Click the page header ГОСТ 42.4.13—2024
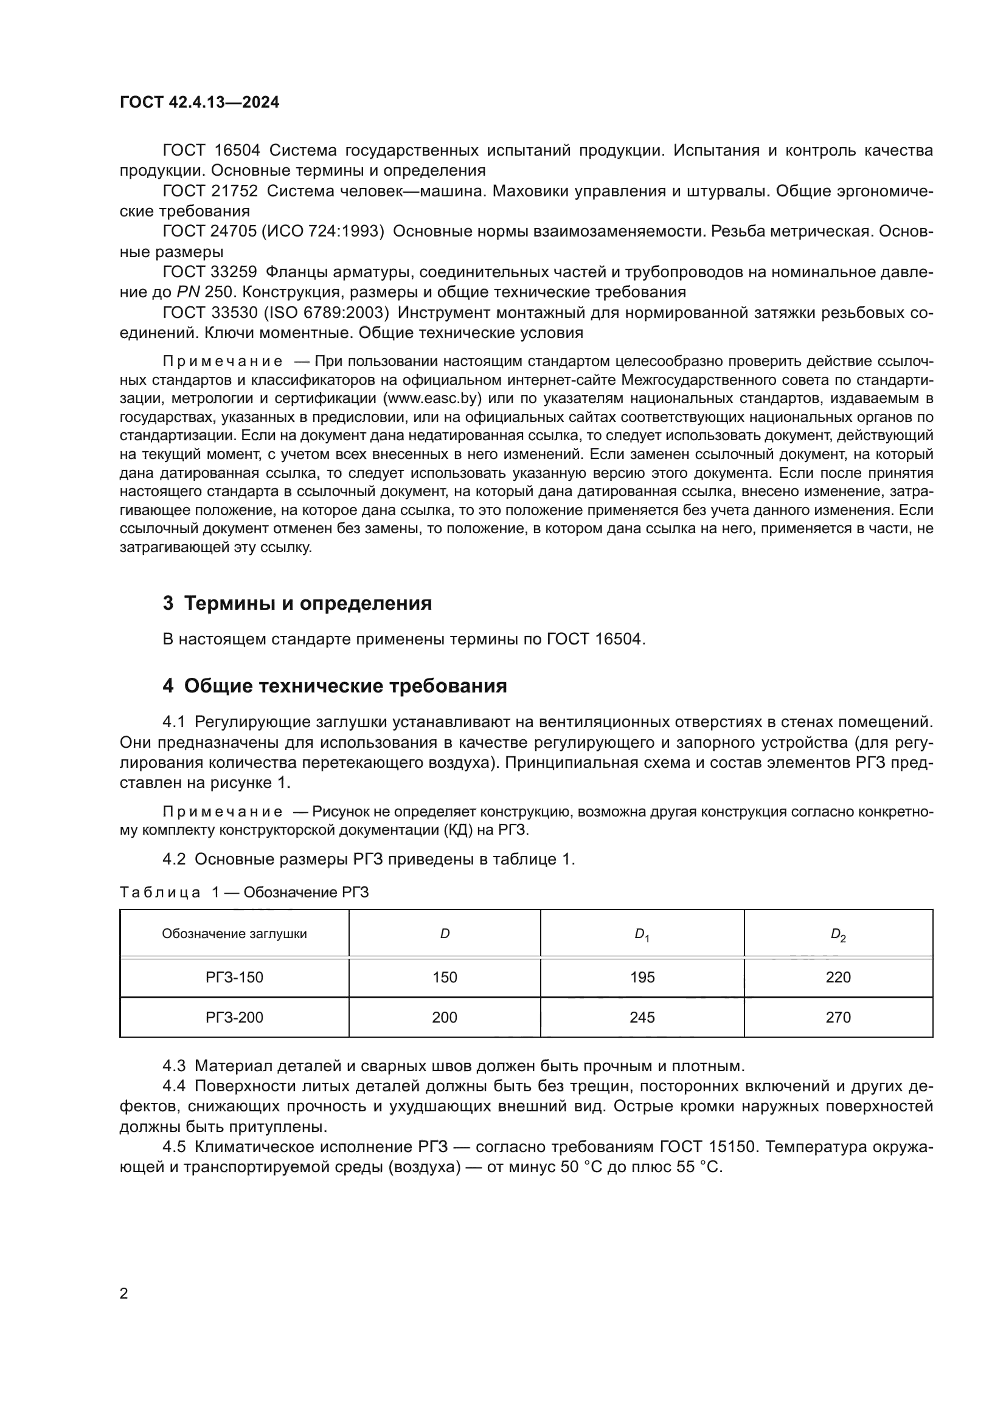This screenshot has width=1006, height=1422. click(199, 102)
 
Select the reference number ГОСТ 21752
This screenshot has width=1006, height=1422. click(210, 191)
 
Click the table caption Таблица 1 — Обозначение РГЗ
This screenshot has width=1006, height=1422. click(244, 892)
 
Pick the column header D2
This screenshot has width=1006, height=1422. click(838, 934)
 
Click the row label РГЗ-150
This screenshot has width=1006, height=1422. click(234, 977)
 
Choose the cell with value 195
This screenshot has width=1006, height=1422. click(642, 977)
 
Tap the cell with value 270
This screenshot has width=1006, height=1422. click(838, 1017)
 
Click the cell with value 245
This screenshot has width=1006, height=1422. click(642, 1017)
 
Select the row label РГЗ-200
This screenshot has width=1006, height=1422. click(234, 1017)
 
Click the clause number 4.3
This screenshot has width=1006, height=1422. click(174, 1065)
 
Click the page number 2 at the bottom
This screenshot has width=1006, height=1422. click(124, 1293)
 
